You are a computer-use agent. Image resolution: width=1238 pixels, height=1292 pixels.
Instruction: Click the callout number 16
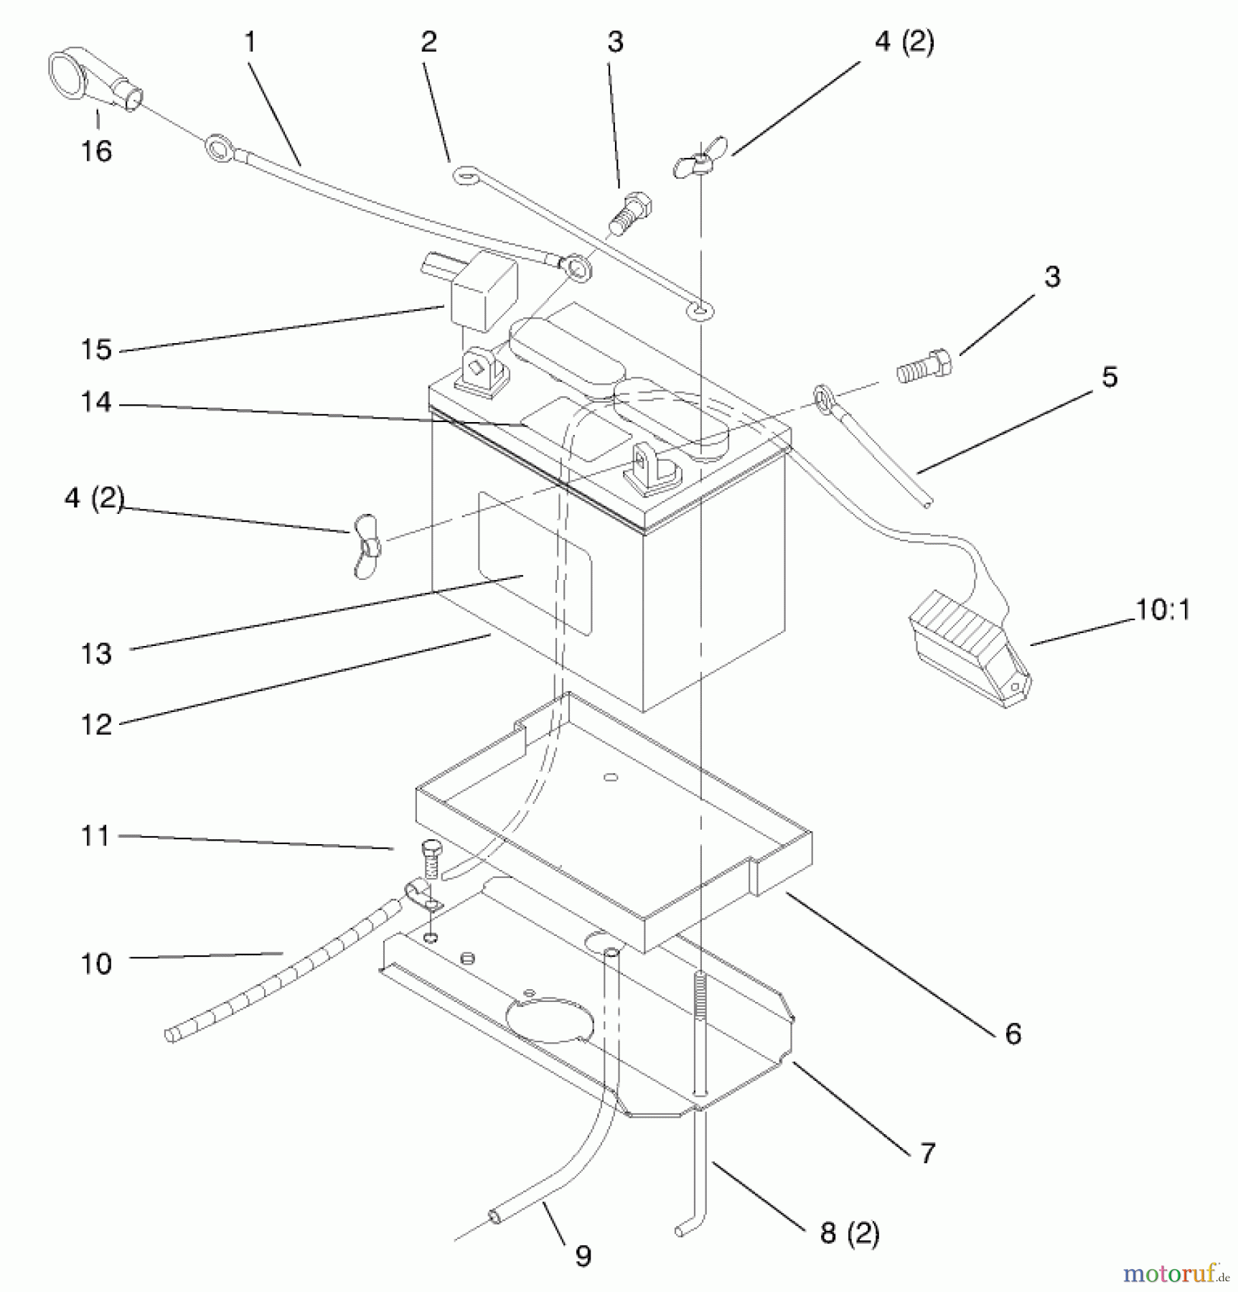pos(96,151)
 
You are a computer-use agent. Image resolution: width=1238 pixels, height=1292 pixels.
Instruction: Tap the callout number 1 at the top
pos(250,42)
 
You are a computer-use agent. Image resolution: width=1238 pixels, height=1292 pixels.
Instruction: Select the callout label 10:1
pos(1162,610)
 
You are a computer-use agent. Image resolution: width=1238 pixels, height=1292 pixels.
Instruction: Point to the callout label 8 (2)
pos(849,1233)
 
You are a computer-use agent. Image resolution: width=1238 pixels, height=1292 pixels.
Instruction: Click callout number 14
pos(96,403)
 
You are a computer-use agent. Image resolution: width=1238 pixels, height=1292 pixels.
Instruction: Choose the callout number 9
pos(583,1255)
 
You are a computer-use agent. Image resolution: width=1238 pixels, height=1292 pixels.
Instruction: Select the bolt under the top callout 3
pos(629,212)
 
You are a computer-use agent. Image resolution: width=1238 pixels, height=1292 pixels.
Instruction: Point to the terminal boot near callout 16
pos(93,80)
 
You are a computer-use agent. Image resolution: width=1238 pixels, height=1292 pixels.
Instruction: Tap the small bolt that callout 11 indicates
pos(431,859)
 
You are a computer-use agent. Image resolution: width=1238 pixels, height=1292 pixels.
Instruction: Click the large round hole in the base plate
pos(550,1019)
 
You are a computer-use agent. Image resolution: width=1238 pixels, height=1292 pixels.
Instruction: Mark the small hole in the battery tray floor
pos(611,777)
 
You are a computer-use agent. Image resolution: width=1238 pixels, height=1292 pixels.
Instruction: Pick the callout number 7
pos(927,1153)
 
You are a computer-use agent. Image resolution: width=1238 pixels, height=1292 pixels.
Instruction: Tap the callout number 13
pos(96,654)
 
